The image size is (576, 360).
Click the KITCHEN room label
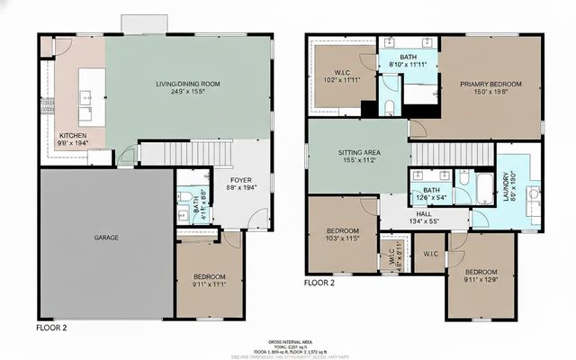[73, 135]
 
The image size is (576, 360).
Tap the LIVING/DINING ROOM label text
[187, 84]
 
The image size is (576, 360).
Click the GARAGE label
[107, 238]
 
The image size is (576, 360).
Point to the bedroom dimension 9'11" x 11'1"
[208, 285]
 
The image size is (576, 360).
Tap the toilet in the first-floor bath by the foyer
[184, 198]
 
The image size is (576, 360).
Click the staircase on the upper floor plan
[440, 155]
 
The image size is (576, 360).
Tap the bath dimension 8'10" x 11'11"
[409, 65]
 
